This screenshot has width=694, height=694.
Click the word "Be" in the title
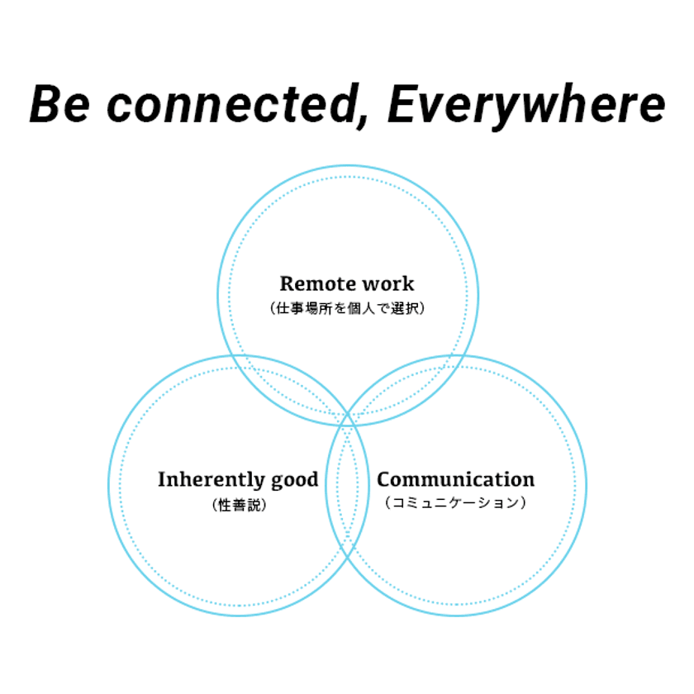[x=59, y=105]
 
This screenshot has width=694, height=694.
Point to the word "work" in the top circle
[x=387, y=283]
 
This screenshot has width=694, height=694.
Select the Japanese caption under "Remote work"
[x=347, y=309]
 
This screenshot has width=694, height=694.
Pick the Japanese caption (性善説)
[x=239, y=505]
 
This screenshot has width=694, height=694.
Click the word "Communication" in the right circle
[x=455, y=479]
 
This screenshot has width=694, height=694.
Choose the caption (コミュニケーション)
[x=455, y=502]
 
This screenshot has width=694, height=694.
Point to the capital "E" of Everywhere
[x=402, y=105]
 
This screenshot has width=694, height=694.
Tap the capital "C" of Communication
[x=385, y=479]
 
